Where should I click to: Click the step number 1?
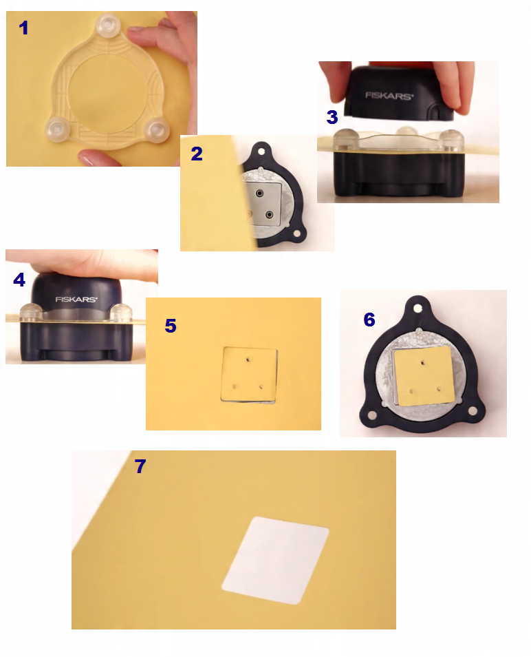[x=23, y=28]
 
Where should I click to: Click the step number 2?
[x=197, y=154]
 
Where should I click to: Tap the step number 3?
[x=332, y=117]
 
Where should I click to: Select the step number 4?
[x=19, y=280]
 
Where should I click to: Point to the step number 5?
[x=171, y=326]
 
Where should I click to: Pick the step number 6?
[x=369, y=320]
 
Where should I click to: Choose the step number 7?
[x=140, y=466]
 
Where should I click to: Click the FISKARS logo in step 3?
[x=389, y=96]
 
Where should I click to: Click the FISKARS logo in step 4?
[x=76, y=299]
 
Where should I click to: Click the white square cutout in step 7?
[x=275, y=560]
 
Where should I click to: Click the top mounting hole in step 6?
[x=418, y=309]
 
